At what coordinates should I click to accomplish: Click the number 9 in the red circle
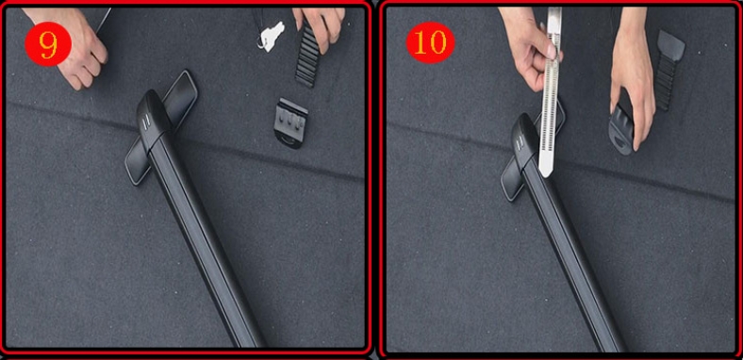[x=48, y=44]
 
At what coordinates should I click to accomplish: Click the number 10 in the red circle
[x=430, y=43]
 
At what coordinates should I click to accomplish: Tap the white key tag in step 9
[x=272, y=36]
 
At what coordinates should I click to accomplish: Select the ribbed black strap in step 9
[x=307, y=57]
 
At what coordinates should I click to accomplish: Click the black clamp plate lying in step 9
[x=291, y=123]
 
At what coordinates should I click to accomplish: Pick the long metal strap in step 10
[x=551, y=90]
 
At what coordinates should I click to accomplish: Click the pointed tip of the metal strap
[x=545, y=177]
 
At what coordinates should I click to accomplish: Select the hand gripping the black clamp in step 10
[x=633, y=75]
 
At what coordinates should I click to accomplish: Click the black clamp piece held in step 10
[x=621, y=129]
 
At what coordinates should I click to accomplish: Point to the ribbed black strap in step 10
[x=668, y=70]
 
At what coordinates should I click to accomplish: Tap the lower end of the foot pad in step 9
[x=134, y=172]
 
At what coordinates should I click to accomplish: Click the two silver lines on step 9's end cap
[x=147, y=122]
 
